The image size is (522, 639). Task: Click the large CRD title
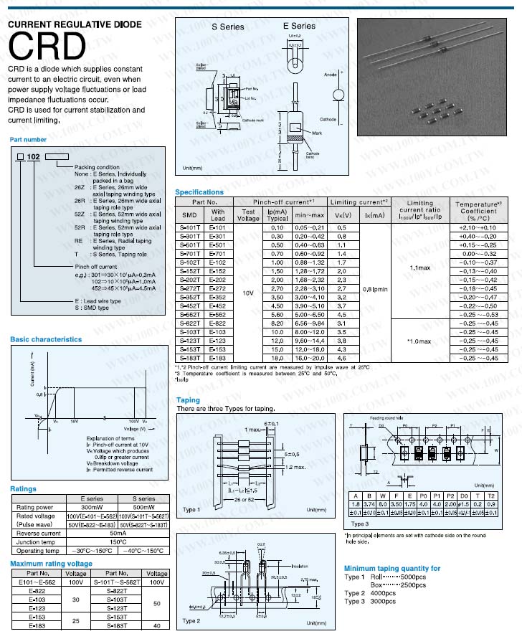[47, 47]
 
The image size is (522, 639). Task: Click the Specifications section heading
[199, 192]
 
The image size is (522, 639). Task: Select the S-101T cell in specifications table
[190, 227]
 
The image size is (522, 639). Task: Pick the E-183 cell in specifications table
[218, 357]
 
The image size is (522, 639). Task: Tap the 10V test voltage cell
[248, 293]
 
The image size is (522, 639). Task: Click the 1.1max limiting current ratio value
[419, 267]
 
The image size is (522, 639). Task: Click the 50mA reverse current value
[117, 533]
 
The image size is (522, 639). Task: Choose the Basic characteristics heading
[46, 339]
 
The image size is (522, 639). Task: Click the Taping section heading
[188, 400]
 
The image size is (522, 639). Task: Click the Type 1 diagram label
[191, 510]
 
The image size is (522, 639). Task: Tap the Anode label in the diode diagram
[331, 75]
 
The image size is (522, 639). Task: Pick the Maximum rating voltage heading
[51, 564]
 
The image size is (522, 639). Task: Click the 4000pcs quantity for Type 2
[384, 593]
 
